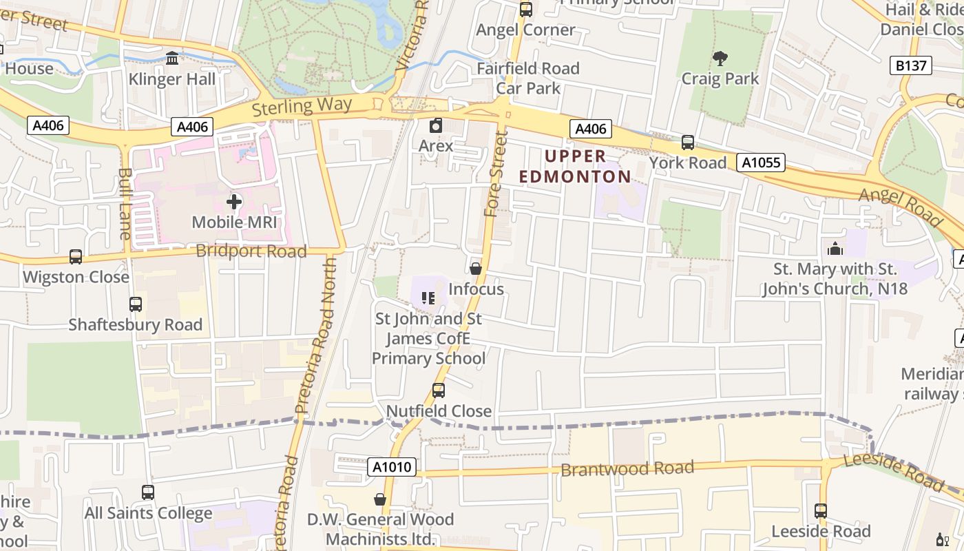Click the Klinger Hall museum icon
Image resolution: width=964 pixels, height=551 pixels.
pos(172,58)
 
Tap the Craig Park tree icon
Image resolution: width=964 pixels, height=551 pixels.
pos(720,58)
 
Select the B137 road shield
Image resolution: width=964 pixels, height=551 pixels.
pos(913,65)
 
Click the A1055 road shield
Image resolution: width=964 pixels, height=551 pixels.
pos(761,163)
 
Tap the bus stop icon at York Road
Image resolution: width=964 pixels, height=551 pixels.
pos(687,143)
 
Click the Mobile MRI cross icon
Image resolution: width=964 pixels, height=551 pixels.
pos(234,202)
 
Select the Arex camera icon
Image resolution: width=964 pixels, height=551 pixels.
pos(435,125)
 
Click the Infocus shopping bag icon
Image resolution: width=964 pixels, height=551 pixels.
pos(475,269)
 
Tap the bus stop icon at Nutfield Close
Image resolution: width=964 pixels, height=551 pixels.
pos(438,391)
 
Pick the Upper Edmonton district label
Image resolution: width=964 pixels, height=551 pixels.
pos(575,167)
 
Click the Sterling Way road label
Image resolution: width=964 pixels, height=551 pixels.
pos(302,107)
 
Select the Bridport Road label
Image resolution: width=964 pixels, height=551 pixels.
pos(251,251)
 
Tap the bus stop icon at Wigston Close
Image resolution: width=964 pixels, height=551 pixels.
pos(76,257)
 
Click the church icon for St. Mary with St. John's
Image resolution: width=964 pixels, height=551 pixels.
pos(835,249)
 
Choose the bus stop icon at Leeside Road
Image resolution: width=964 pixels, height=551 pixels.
pos(820,511)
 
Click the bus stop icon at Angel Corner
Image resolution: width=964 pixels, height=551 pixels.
pos(525,10)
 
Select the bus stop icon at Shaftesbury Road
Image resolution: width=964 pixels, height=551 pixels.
pos(136,304)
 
